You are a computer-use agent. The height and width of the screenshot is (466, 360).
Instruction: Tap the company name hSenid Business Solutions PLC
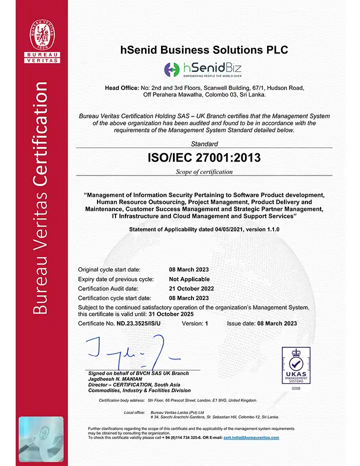[x=205, y=50]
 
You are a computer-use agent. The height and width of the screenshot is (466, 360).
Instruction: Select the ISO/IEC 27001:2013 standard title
[x=204, y=158]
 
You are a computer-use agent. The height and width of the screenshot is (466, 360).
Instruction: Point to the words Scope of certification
[x=204, y=172]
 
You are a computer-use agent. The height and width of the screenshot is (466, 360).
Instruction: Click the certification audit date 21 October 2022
[x=191, y=288]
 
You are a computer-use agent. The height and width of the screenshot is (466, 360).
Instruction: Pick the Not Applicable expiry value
[x=189, y=279]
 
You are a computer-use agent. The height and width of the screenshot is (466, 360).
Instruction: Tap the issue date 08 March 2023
[x=277, y=323]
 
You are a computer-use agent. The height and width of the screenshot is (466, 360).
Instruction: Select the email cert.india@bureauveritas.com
[x=251, y=437]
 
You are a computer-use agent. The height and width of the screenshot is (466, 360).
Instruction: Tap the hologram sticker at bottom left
[x=41, y=438]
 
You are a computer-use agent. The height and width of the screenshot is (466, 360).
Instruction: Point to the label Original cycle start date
[x=109, y=269]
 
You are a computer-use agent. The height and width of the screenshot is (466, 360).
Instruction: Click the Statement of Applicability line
[x=204, y=229]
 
